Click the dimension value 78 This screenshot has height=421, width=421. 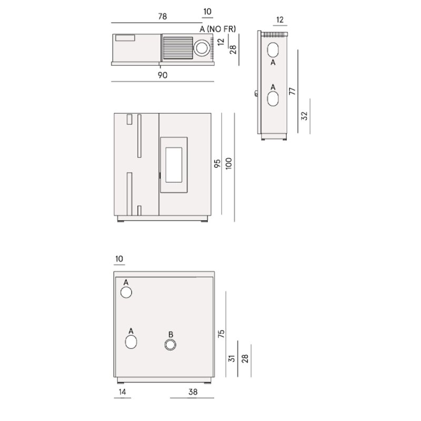click(162, 17)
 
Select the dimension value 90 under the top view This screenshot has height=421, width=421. click(162, 75)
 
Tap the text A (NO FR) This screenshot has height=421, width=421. click(218, 28)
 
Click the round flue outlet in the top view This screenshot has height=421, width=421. click(203, 48)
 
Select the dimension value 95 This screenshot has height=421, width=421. click(217, 164)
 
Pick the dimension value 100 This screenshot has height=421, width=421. click(228, 164)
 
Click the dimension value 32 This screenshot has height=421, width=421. click(304, 115)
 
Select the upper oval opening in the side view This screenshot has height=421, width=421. click(273, 50)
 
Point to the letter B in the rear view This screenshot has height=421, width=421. click(171, 335)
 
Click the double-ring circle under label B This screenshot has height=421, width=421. click(171, 345)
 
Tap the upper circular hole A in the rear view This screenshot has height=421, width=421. click(126, 293)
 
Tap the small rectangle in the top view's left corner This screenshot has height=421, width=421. click(125, 37)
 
